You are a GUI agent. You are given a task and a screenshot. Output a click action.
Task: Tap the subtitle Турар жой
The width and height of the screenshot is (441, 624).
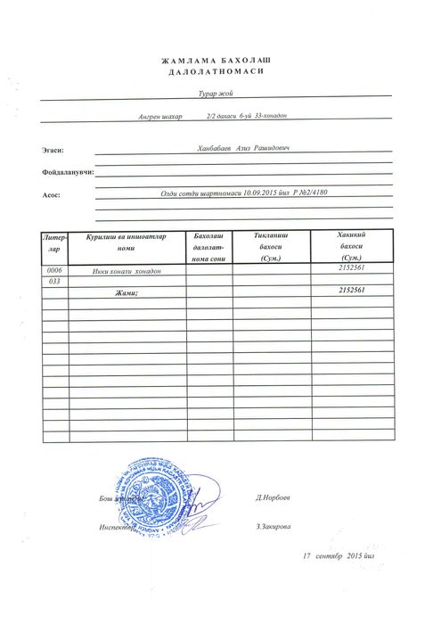[x=217, y=93]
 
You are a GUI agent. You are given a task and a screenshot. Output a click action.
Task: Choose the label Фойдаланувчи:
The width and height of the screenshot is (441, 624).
[x=67, y=172]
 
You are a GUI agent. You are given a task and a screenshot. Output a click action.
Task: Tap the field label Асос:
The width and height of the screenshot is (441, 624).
[x=51, y=193]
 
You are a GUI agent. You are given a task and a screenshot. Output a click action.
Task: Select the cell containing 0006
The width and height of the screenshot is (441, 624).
[x=54, y=269]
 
